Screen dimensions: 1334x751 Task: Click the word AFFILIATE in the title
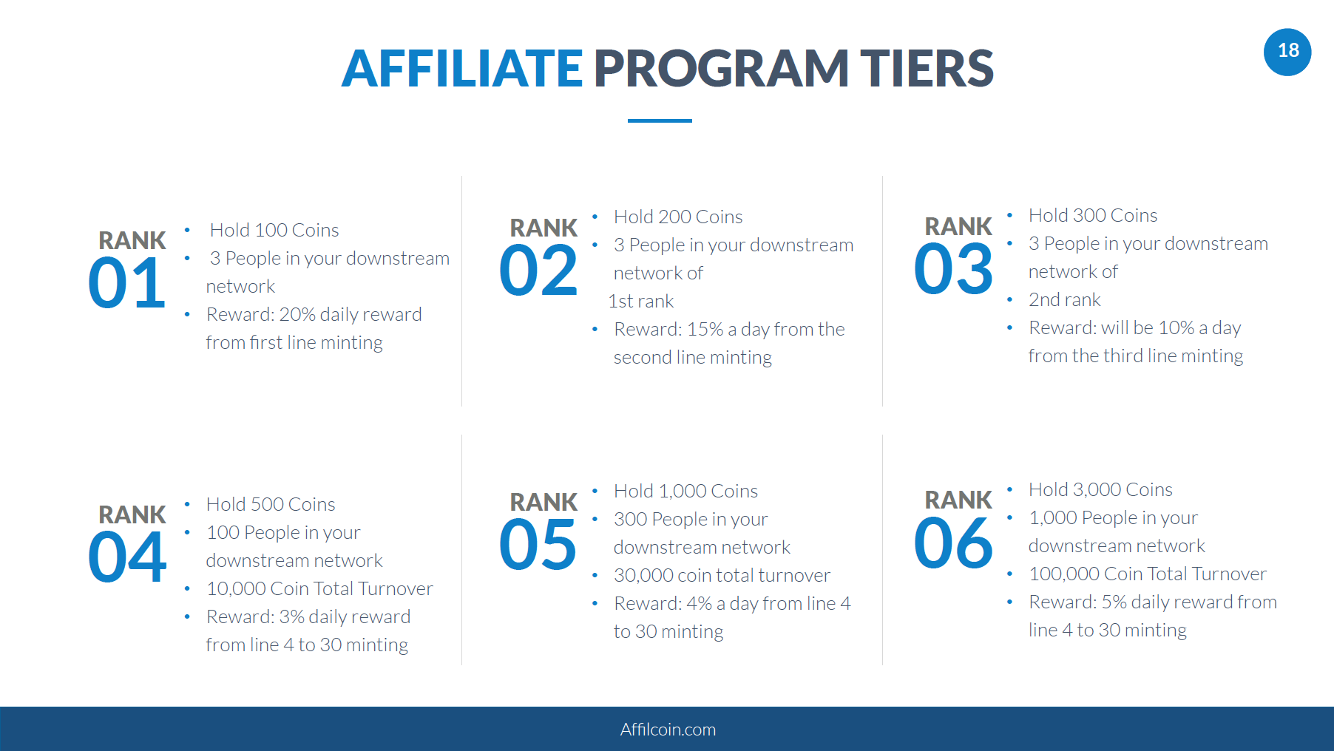tap(462, 68)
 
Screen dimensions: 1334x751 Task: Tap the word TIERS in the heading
tap(927, 68)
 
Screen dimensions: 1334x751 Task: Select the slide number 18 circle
tap(1287, 51)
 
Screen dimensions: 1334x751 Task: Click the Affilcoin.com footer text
tap(668, 730)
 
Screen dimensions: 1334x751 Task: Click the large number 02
tap(538, 271)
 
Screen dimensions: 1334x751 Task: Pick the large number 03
tap(953, 269)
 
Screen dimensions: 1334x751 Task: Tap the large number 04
tap(126, 557)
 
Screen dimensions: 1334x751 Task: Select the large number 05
tap(538, 545)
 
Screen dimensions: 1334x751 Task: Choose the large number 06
tap(953, 543)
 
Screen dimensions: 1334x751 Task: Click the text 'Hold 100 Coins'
tap(274, 230)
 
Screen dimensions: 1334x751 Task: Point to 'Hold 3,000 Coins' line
tap(1100, 489)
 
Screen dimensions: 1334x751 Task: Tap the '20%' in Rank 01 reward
tap(297, 314)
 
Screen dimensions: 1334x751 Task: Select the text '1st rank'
tap(641, 301)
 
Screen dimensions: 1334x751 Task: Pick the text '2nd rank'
tap(1065, 299)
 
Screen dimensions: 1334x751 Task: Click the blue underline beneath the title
tap(660, 120)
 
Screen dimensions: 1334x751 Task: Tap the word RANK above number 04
tap(132, 514)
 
